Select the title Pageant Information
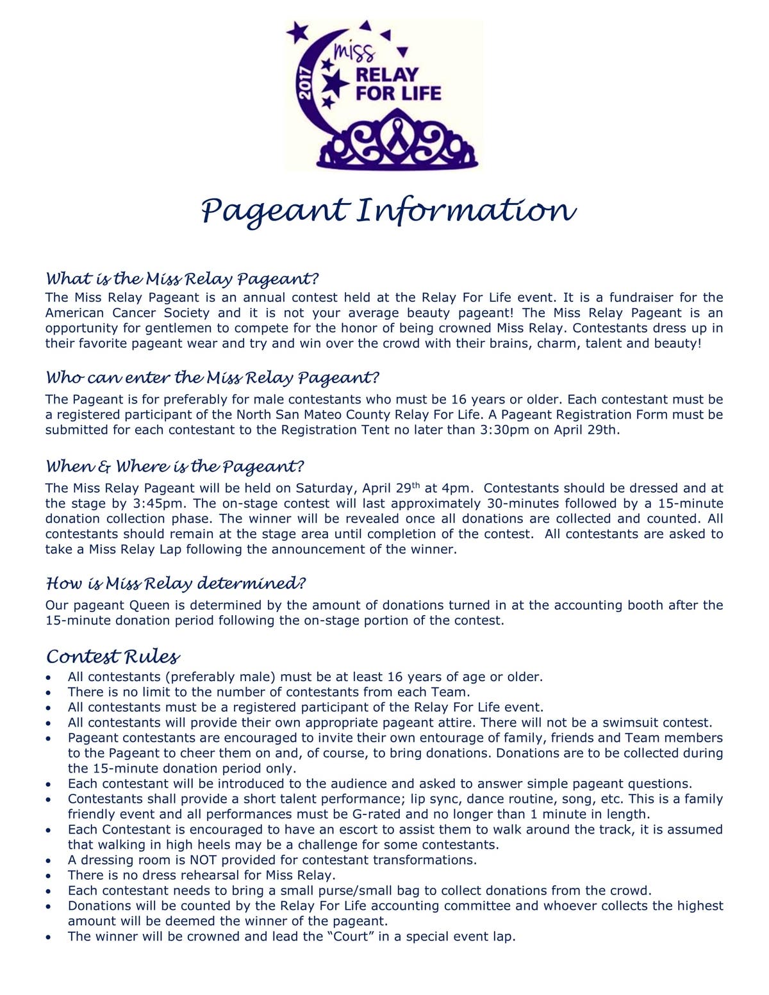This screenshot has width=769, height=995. (x=388, y=211)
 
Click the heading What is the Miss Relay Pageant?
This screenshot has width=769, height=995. (x=182, y=279)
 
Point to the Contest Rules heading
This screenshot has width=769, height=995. (x=113, y=656)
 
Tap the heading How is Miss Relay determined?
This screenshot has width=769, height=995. (x=176, y=583)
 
